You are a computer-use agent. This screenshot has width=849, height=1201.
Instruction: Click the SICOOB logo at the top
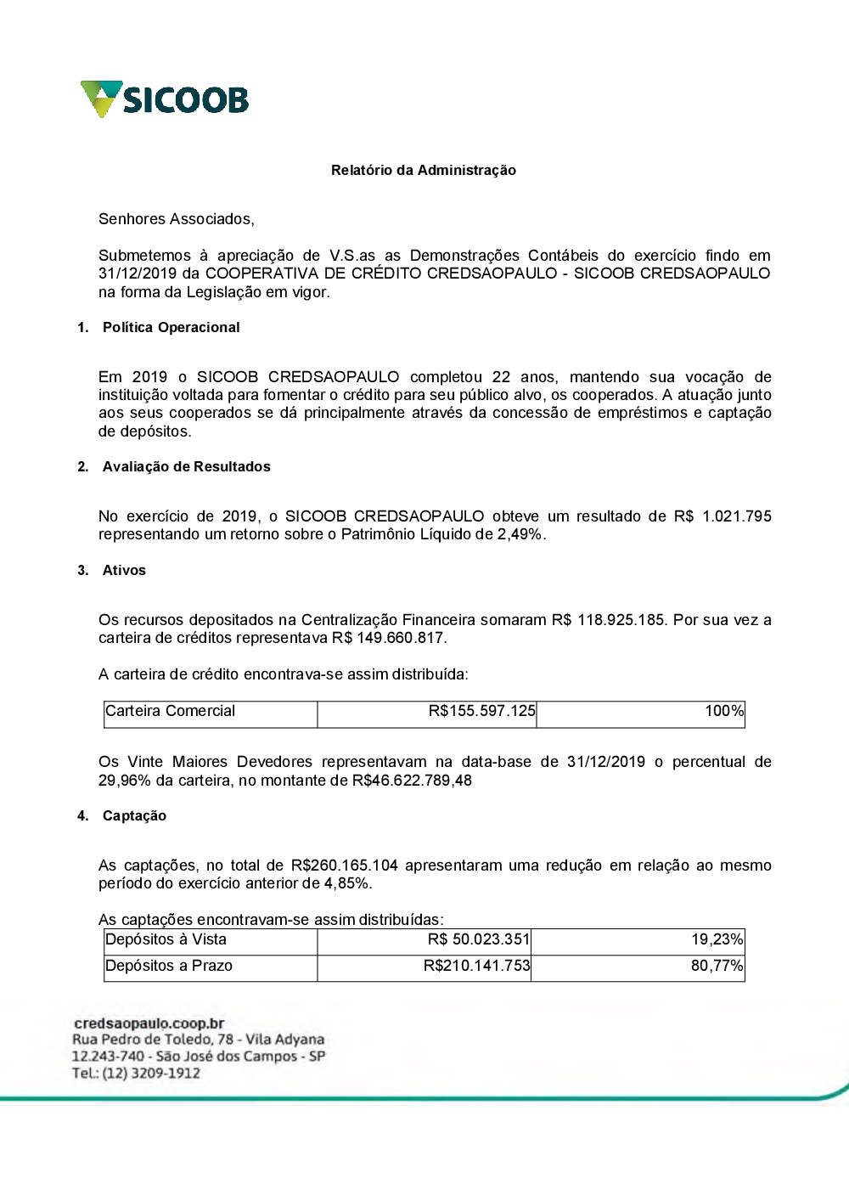coord(165,99)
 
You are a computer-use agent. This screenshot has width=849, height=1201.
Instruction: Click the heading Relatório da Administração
coord(423,171)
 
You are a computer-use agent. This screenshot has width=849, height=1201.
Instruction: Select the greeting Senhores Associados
coord(176,219)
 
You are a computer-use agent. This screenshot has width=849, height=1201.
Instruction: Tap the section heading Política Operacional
coord(171,328)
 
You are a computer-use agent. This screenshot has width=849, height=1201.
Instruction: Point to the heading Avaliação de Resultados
coord(186,467)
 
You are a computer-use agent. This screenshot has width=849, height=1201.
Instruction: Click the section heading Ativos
coord(124,571)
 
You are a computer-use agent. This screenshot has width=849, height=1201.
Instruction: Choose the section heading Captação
coord(134,816)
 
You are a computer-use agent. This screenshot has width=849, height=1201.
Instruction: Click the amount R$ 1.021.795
coord(722,516)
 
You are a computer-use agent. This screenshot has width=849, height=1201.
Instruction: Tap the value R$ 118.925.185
coord(608,620)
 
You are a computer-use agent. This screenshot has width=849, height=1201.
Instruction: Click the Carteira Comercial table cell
coord(170,712)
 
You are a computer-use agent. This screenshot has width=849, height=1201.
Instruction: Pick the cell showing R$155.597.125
coord(481,712)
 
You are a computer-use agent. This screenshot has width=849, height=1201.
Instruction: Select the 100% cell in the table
coord(724,712)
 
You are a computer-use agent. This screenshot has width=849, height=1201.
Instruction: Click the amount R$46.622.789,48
coord(412,781)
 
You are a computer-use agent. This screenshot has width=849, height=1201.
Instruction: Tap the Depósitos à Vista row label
coord(166,939)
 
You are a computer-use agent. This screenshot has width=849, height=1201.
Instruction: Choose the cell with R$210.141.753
coord(476,967)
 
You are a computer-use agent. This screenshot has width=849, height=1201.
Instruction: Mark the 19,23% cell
coord(717,939)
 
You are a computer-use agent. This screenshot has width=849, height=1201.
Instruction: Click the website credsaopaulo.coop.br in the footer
coord(149,1023)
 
